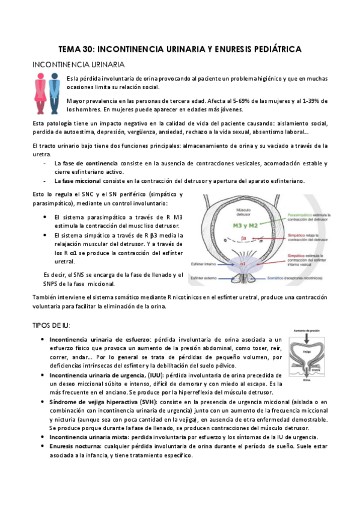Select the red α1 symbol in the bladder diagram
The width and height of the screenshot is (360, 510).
tap(243, 263)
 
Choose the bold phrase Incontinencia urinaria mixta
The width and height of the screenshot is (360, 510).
tap(94, 437)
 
